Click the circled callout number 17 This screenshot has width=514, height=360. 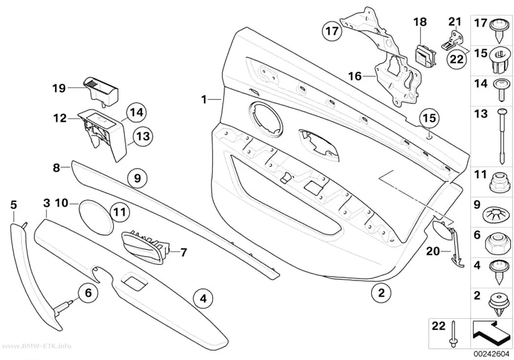(332, 31)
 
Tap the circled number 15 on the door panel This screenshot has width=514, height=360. (430, 118)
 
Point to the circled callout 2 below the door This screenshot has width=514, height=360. (381, 292)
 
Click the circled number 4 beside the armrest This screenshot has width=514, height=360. (203, 298)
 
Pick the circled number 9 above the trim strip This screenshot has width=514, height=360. (138, 178)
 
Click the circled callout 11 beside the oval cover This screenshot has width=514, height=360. (119, 212)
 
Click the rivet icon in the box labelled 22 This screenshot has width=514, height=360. (453, 334)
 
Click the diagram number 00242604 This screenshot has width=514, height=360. (491, 355)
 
